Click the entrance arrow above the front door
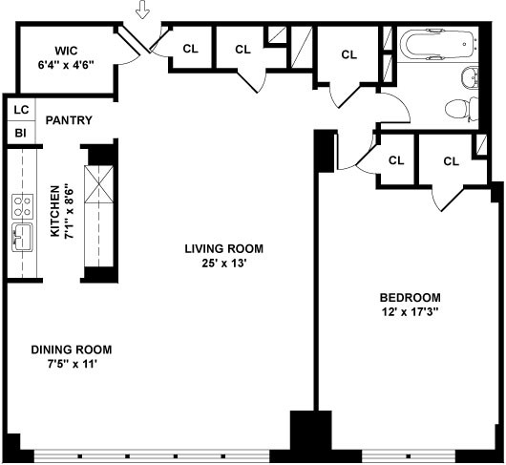pos(142,9)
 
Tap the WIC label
pos(66,51)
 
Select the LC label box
pos(21,110)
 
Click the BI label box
pos(21,133)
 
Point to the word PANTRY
pos(69,120)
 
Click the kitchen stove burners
pos(23,206)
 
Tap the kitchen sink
pos(23,237)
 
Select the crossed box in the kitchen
pos(98,184)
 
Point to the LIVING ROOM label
pos(224,248)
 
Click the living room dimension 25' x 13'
pos(224,264)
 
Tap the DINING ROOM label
pos(72,349)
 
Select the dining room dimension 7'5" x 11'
pos(73,365)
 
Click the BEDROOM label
pos(411,297)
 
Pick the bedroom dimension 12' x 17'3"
pos(411,312)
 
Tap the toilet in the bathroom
pos(462,109)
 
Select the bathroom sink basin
pos(470,77)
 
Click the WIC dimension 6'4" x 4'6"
pos(66,65)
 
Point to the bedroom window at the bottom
pos(409,456)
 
